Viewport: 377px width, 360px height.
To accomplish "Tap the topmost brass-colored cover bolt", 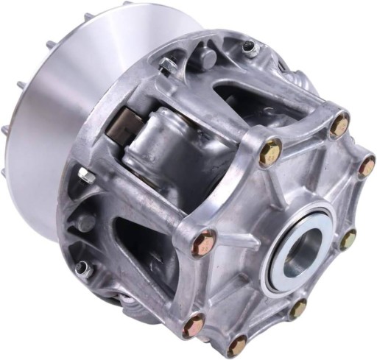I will [339, 126].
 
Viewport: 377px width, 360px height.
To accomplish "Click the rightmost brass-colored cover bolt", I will [366, 166].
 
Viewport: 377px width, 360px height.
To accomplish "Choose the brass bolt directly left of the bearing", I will [204, 242].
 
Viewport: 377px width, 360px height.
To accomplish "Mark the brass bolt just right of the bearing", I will [348, 239].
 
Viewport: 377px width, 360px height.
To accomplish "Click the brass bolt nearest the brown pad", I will [270, 152].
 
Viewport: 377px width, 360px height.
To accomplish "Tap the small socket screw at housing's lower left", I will [85, 269].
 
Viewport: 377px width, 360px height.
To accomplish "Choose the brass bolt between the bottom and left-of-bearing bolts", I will [194, 323].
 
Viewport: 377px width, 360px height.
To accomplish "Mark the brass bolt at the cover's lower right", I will [297, 308].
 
